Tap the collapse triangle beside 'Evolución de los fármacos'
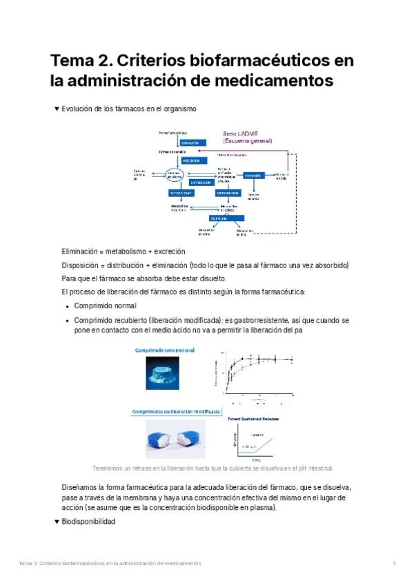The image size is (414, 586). coord(56,108)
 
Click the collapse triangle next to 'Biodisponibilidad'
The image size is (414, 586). coord(56,522)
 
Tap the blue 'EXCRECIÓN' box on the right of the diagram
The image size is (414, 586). coord(253,176)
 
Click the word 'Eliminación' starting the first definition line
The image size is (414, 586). coord(81,252)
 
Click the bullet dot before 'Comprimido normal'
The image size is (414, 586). coord(67,306)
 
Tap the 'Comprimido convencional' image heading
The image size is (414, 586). coord(164,350)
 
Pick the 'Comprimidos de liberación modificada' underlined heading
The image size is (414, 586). coord(176,410)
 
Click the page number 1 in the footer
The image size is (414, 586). coord(394,564)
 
